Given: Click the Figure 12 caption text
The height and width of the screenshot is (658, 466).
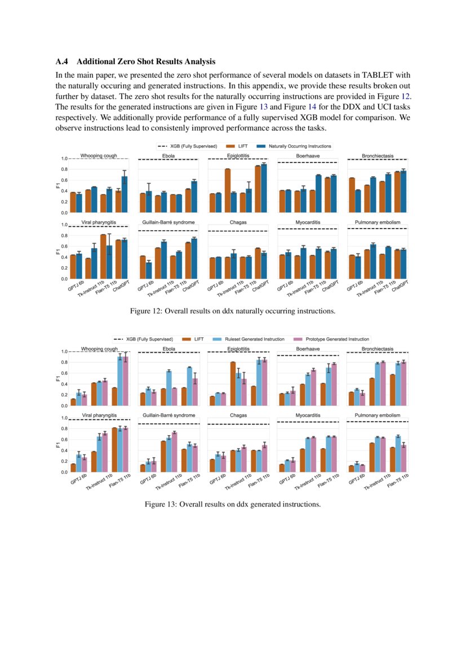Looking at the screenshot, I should click(233, 311).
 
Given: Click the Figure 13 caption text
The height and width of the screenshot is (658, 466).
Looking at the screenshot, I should click(233, 504).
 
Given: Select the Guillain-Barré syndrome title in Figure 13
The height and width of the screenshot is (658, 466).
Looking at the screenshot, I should click(168, 415).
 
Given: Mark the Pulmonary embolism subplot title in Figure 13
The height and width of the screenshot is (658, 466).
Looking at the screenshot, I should click(378, 415).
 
